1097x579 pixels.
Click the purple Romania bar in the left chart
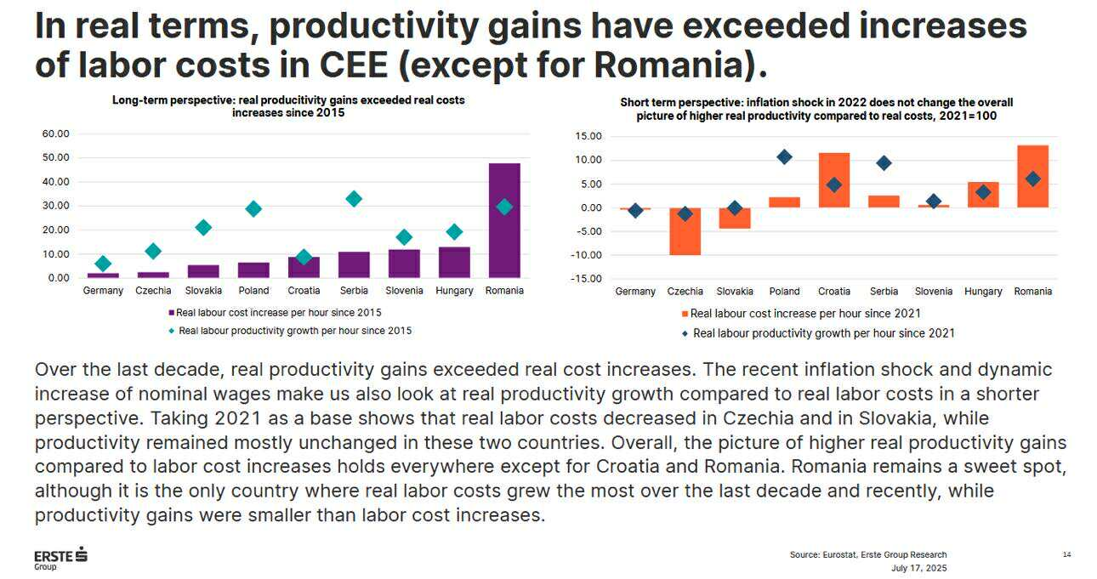click(504, 221)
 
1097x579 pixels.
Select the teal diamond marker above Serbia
click(354, 199)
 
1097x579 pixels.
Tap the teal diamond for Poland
click(253, 209)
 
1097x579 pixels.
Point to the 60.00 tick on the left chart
click(55, 133)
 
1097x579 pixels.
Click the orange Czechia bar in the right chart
click(685, 231)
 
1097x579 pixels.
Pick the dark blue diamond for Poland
click(784, 156)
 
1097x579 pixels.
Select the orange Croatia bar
click(834, 180)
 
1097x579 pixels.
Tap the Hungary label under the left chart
click(454, 291)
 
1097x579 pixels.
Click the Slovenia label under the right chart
click(933, 292)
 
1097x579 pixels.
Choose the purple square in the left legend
click(172, 313)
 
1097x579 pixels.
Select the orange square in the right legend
click(685, 314)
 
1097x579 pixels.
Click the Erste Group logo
click(60, 558)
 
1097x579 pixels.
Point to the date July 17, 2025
click(918, 568)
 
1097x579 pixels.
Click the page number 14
click(1066, 555)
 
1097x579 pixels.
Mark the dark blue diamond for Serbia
click(884, 163)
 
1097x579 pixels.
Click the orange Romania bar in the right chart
click(1033, 176)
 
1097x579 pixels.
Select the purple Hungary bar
click(454, 262)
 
